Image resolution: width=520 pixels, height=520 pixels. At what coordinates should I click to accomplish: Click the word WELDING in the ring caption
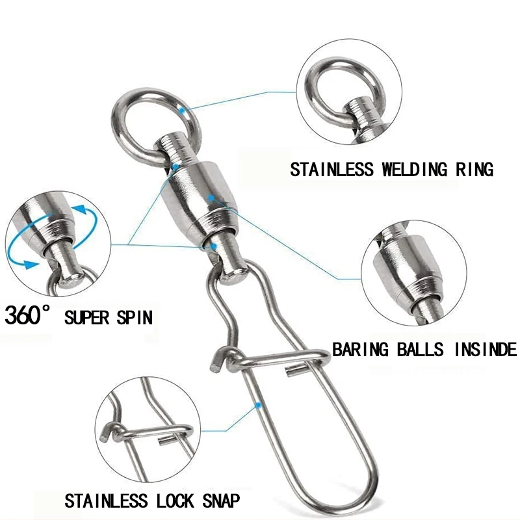tap(412, 170)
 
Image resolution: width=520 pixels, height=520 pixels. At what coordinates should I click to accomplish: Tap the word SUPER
tap(86, 318)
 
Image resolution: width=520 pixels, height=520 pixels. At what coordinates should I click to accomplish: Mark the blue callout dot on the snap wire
tap(258, 405)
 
